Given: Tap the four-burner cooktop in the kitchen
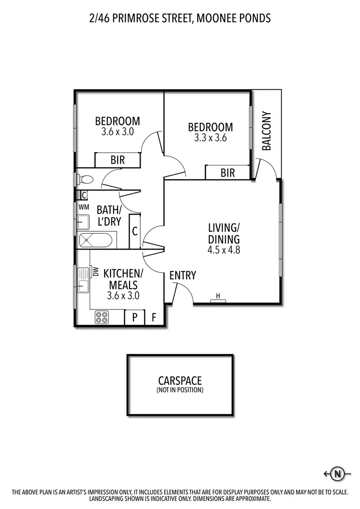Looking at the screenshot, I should click(102, 317).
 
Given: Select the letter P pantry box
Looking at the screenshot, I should click(135, 317).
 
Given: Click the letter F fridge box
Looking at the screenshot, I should click(154, 317).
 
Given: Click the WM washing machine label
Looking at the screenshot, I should click(84, 207).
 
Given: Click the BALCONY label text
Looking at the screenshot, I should click(267, 131).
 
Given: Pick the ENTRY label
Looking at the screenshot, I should click(183, 275).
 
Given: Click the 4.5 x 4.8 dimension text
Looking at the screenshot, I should click(224, 249).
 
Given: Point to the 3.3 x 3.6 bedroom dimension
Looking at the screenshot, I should click(210, 137).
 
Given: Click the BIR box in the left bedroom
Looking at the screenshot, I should click(118, 160).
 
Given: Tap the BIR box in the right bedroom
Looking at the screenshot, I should click(228, 173).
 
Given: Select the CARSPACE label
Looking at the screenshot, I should click(180, 381).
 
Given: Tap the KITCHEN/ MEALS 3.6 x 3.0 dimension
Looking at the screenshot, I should click(123, 296).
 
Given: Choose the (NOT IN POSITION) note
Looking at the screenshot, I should click(180, 390).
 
